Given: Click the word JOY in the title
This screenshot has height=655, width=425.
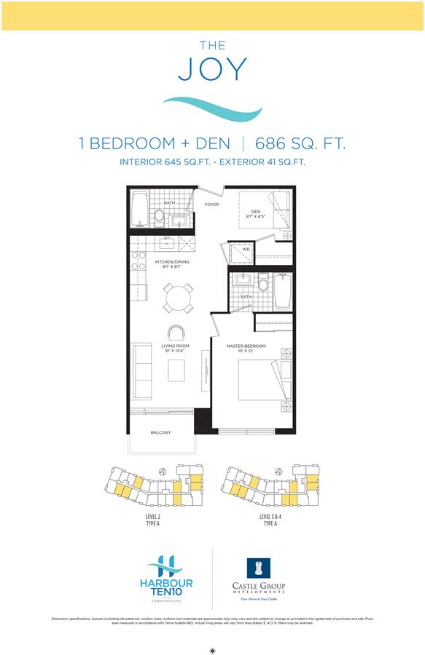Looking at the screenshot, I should pos(212,70).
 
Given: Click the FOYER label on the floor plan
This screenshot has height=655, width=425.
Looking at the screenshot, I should pos(212,205).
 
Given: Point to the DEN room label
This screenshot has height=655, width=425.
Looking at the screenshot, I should pos(256,212).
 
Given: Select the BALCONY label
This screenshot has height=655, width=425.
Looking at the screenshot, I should pos(160,432).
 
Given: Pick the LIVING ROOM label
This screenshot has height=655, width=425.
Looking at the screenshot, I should pos(175,346).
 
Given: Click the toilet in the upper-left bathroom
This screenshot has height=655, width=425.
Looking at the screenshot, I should pos(159,216).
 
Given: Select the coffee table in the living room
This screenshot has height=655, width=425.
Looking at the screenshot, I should pos(177,370).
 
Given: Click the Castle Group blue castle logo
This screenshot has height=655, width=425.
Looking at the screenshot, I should pos(259,568).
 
